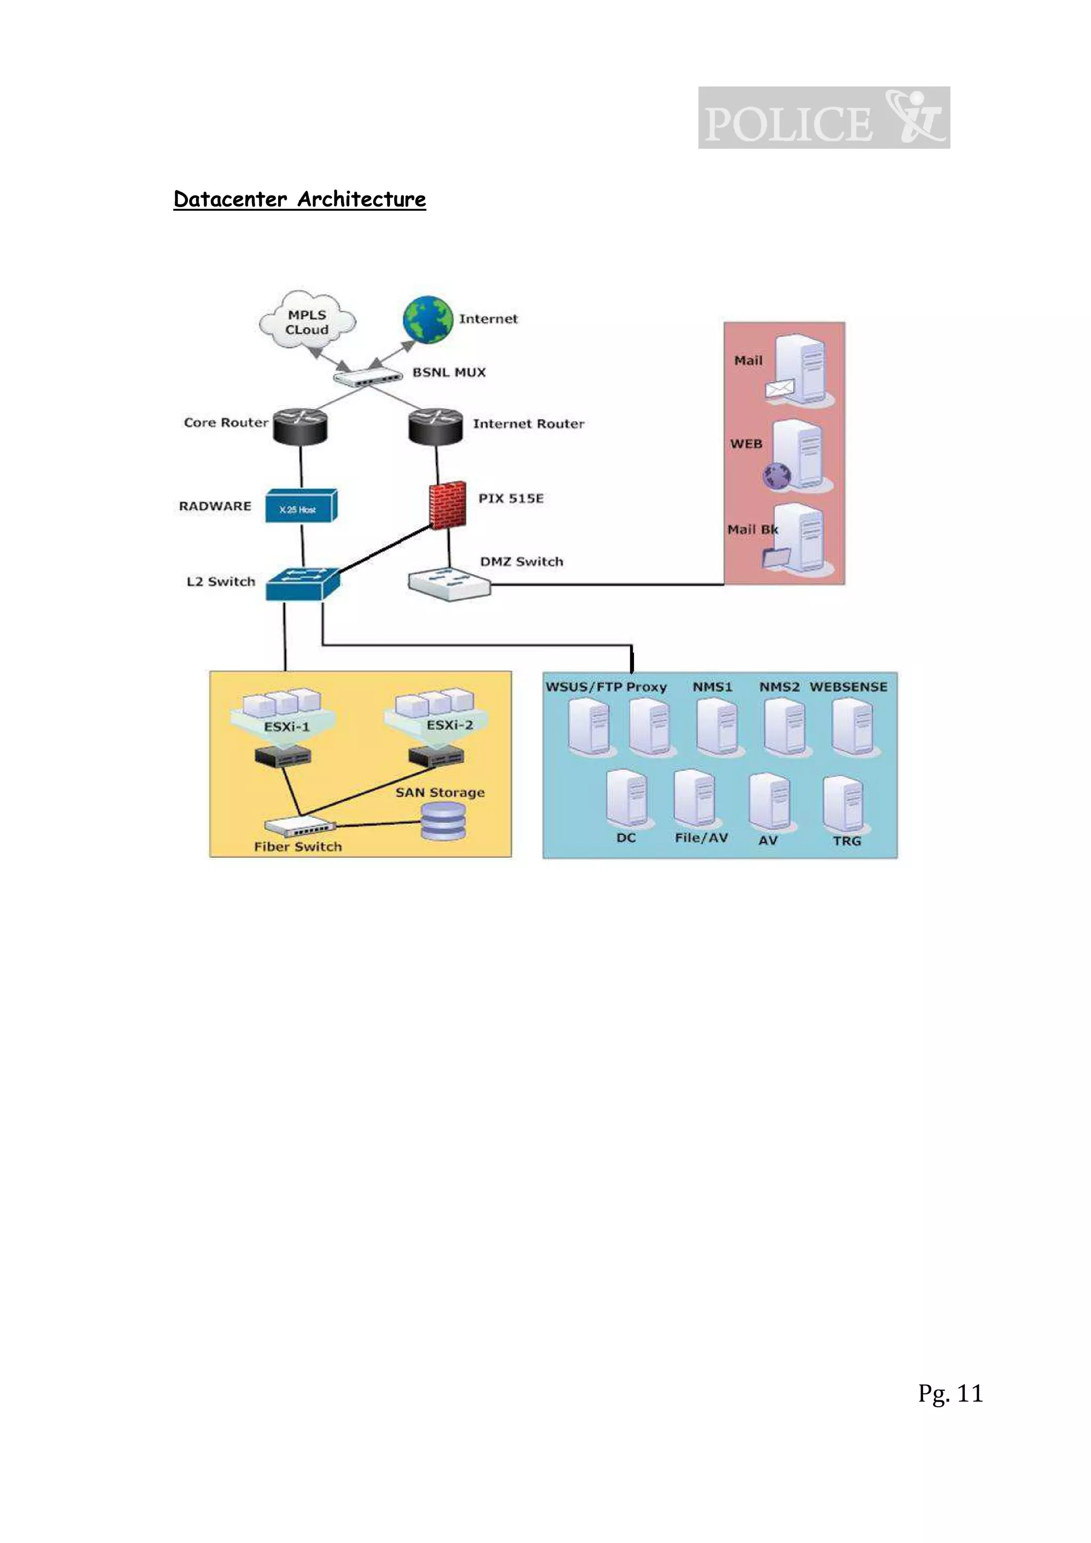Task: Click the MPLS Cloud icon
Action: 307,321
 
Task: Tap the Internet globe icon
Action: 428,319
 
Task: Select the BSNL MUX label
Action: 449,372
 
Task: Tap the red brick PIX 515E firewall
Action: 447,505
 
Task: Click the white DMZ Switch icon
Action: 449,584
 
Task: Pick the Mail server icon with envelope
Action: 799,370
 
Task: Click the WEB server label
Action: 746,444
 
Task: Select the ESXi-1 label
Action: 287,726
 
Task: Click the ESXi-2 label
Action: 450,725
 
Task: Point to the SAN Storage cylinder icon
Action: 442,821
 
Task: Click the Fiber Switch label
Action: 298,847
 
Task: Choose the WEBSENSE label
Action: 848,687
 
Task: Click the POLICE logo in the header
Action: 824,118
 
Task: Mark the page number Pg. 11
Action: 950,1393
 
